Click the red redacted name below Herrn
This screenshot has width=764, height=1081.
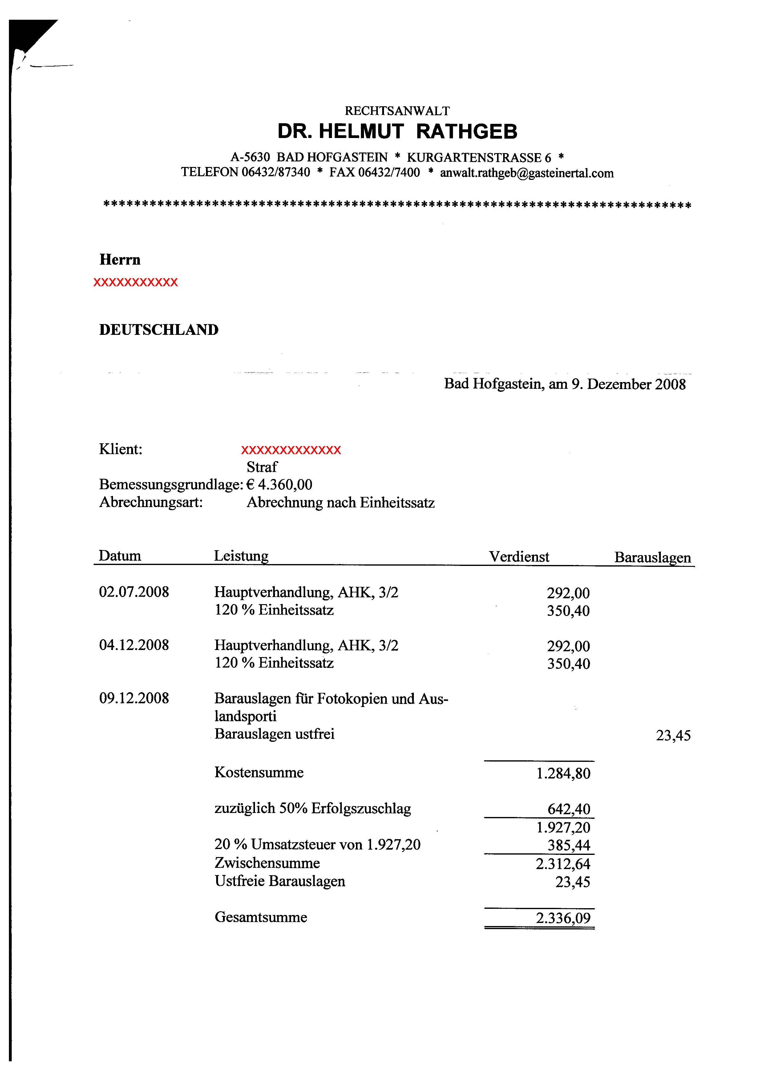click(x=135, y=282)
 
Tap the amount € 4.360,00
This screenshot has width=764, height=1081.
click(x=279, y=485)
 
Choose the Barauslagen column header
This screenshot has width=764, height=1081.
click(x=653, y=558)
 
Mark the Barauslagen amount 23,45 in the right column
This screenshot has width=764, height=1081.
click(x=673, y=735)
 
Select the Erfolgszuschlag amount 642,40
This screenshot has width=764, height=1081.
click(x=569, y=809)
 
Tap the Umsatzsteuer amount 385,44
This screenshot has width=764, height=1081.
click(x=569, y=845)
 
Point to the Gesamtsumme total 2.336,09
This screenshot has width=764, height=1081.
click(x=563, y=918)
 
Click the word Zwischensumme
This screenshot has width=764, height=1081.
click(x=267, y=863)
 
